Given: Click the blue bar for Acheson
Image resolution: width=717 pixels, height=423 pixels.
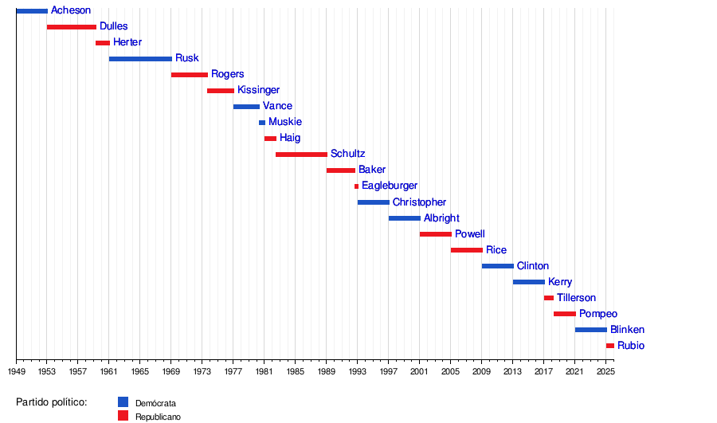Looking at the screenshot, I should click(x=32, y=11).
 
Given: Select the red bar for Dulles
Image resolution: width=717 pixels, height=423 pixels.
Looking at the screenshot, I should click(x=72, y=27).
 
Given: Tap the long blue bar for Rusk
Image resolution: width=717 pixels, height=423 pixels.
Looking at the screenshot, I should click(x=140, y=59).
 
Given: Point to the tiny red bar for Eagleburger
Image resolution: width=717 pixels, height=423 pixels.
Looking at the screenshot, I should click(x=356, y=186).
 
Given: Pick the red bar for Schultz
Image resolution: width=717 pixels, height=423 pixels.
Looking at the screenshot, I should click(x=301, y=155).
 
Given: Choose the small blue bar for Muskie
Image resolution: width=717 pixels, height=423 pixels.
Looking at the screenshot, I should click(x=262, y=123).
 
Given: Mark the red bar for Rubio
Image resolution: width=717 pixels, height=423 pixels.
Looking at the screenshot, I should click(x=609, y=346).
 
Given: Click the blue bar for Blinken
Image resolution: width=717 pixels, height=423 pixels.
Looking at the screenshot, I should click(x=590, y=330).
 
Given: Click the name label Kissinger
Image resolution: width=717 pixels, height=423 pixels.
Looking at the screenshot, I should click(x=258, y=90).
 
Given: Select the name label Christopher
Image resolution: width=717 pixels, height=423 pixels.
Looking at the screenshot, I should click(x=419, y=202).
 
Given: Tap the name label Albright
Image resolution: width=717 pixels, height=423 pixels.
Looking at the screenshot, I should click(x=441, y=218).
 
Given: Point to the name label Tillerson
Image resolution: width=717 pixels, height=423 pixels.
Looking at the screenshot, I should click(x=576, y=298).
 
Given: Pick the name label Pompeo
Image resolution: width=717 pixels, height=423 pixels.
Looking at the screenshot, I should click(x=597, y=314).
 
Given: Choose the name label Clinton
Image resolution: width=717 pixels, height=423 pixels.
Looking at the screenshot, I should click(x=532, y=266).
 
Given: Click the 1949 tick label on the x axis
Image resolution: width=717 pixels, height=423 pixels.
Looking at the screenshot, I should click(x=16, y=371).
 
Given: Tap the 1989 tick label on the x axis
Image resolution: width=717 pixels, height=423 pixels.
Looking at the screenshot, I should click(x=327, y=371).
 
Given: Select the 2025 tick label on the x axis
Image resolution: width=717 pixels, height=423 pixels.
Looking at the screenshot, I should click(x=605, y=371).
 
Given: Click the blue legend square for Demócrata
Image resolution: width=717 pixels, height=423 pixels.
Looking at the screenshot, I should click(x=123, y=402).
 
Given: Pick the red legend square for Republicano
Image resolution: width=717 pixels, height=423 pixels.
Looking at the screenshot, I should click(x=123, y=416).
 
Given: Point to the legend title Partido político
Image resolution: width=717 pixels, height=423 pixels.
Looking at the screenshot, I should click(x=51, y=402).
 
